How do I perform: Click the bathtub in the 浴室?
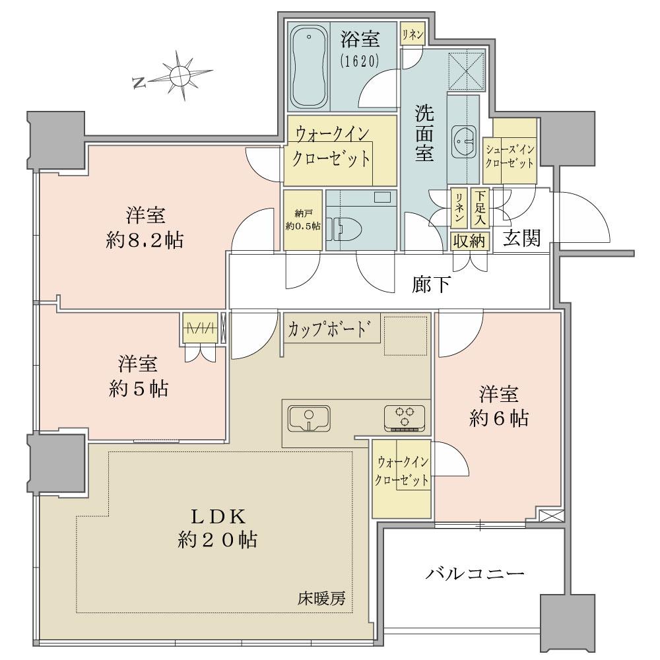tap(310, 68)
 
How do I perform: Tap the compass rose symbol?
tap(180, 76)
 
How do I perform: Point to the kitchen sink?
tap(310, 419)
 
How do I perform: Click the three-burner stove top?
tap(405, 418)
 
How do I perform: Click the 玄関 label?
tap(522, 238)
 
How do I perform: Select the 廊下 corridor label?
tap(431, 284)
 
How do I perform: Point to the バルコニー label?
tap(475, 574)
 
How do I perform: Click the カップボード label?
tap(330, 329)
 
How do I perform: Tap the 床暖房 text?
tap(321, 598)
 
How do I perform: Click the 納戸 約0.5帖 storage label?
tap(303, 220)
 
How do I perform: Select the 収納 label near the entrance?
tap(469, 241)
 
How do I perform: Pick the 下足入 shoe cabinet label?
tap(480, 207)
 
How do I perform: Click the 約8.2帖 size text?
tap(145, 241)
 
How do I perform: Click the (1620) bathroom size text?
tap(360, 61)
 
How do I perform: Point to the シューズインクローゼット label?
tap(510, 156)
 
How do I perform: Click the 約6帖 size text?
tap(499, 418)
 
